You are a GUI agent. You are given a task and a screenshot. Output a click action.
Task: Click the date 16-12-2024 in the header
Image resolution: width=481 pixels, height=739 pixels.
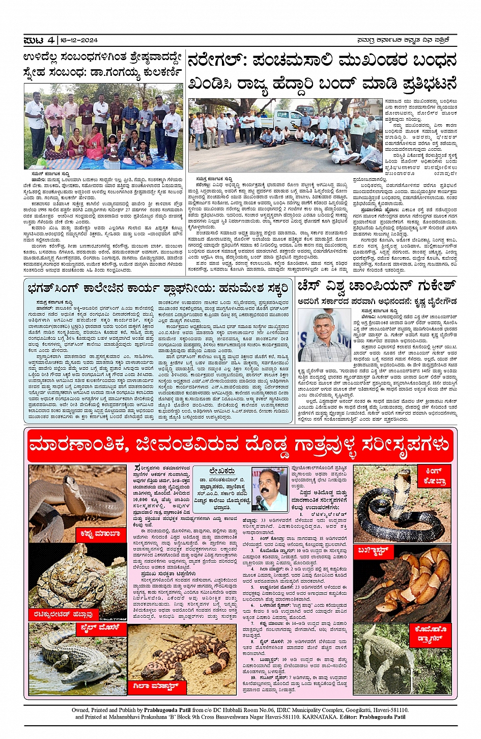tap(78, 40)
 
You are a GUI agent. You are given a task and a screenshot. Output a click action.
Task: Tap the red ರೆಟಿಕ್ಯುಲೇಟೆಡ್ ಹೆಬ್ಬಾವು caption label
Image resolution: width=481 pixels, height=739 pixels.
tap(64, 614)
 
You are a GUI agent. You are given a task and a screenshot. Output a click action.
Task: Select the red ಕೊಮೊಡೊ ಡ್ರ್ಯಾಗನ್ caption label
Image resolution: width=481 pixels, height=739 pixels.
tap(431, 634)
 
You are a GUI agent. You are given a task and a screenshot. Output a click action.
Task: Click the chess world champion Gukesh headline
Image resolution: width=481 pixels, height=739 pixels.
tap(376, 287)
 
